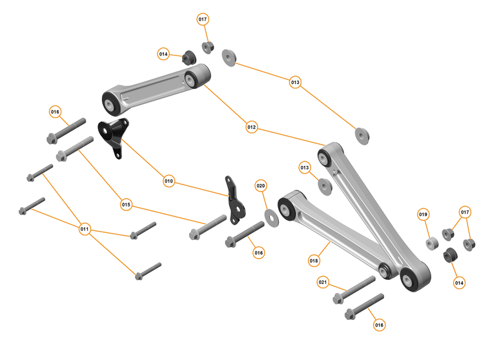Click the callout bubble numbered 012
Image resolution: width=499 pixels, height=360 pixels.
252,128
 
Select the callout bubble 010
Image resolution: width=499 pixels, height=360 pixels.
168,181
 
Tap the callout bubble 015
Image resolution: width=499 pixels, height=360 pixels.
126,205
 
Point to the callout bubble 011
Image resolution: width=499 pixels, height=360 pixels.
85,229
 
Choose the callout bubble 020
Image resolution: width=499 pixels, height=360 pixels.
261,186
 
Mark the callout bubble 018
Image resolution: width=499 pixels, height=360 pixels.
314,261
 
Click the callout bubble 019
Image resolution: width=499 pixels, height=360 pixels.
423,214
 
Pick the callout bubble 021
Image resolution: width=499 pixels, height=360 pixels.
323,282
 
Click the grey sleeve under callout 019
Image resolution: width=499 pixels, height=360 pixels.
432,244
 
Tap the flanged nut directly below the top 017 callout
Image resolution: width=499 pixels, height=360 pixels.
209,47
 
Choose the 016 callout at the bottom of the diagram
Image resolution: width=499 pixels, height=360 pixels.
379,325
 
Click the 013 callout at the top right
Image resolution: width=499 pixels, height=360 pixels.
295,83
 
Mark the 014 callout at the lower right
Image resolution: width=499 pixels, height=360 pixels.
459,282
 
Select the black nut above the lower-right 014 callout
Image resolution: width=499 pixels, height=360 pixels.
450,255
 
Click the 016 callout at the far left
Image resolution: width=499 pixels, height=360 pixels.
56,112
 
